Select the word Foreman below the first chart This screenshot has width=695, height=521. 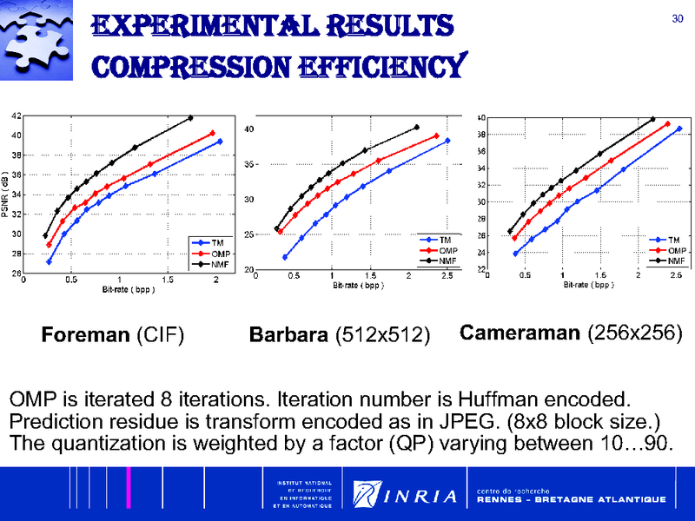coord(86,334)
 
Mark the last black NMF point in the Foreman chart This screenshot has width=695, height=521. coord(191,118)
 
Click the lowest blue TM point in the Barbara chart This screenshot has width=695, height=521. coord(285,257)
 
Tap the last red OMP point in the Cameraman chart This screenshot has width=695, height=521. coord(667,124)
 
